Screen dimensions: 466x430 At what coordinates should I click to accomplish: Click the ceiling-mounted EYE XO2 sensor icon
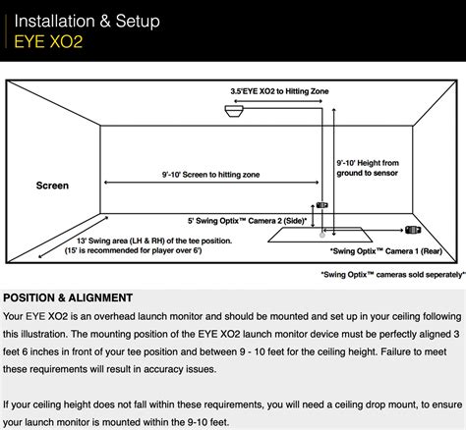[x=234, y=111]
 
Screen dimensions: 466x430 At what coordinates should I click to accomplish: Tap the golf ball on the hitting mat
[x=322, y=235]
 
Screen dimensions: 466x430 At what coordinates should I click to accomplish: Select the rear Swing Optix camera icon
[x=413, y=230]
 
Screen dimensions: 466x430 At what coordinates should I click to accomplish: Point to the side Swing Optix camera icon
[x=321, y=205]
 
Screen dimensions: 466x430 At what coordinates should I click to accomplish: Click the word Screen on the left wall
[x=52, y=186]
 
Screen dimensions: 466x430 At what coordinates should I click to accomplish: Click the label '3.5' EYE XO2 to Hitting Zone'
[x=279, y=91]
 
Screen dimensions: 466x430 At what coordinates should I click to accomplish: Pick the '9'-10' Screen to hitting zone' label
[x=210, y=175]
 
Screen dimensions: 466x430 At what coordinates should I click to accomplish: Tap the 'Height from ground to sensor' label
[x=368, y=168]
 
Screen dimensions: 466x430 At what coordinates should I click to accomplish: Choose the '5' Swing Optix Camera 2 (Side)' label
[x=248, y=221]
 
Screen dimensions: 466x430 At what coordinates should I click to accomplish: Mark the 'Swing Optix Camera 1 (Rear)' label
[x=386, y=251]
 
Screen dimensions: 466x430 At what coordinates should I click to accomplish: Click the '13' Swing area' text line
[x=154, y=241]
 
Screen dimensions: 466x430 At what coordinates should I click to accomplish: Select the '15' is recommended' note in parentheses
[x=133, y=250]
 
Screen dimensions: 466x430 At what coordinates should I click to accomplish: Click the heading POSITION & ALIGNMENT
[x=68, y=297]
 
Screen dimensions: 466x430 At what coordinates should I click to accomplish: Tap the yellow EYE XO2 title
[x=48, y=42]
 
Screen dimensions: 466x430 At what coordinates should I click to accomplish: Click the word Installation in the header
[x=54, y=21]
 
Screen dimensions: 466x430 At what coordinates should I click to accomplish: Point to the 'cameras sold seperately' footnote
[x=393, y=275]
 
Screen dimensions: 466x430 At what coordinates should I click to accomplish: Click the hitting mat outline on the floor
[x=320, y=242]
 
